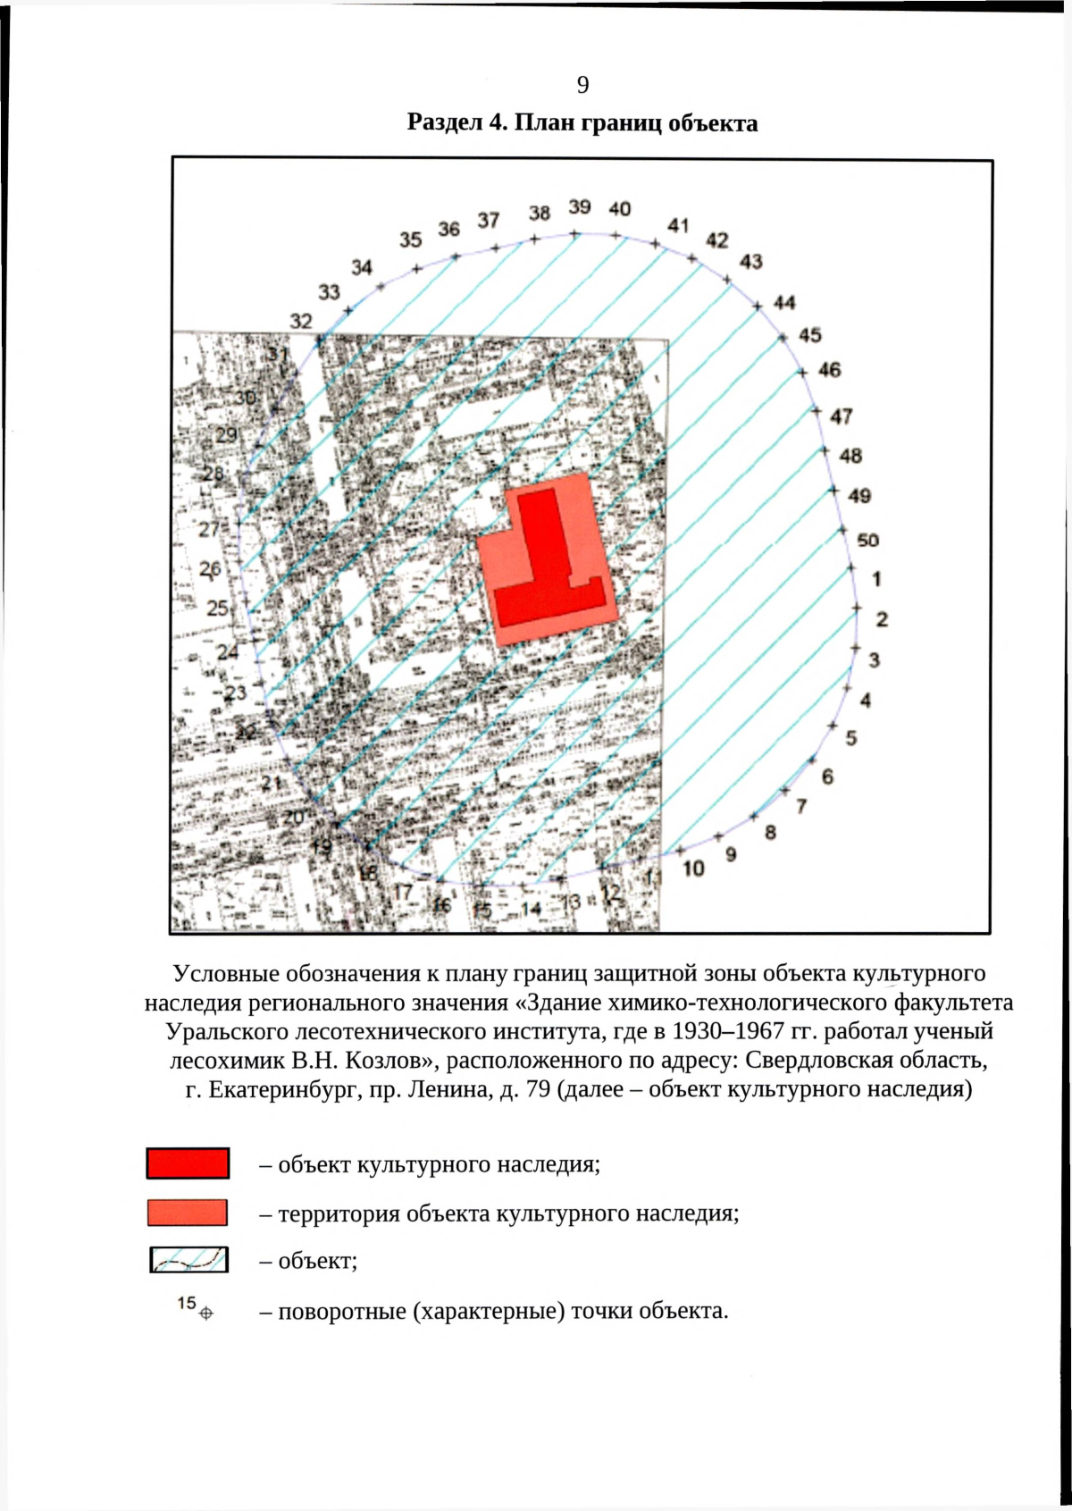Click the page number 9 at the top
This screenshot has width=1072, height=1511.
click(x=582, y=85)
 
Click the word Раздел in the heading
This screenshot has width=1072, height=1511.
click(x=445, y=122)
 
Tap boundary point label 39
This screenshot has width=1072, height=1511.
click(x=580, y=207)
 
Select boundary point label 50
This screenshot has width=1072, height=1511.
click(x=867, y=540)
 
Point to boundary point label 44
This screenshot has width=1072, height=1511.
click(x=784, y=303)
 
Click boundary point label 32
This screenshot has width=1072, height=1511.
click(x=301, y=321)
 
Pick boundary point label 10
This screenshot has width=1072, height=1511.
click(x=693, y=869)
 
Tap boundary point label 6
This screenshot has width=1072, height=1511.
click(x=827, y=776)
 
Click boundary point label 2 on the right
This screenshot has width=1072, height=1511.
click(x=882, y=618)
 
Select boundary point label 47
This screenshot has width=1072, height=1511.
click(x=841, y=416)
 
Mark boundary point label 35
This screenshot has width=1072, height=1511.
click(x=410, y=239)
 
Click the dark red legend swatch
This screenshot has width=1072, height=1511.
click(x=188, y=1163)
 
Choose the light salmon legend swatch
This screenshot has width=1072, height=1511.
click(x=188, y=1213)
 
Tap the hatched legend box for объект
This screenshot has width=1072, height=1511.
click(x=188, y=1260)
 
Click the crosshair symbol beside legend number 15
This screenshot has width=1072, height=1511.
click(x=206, y=1314)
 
